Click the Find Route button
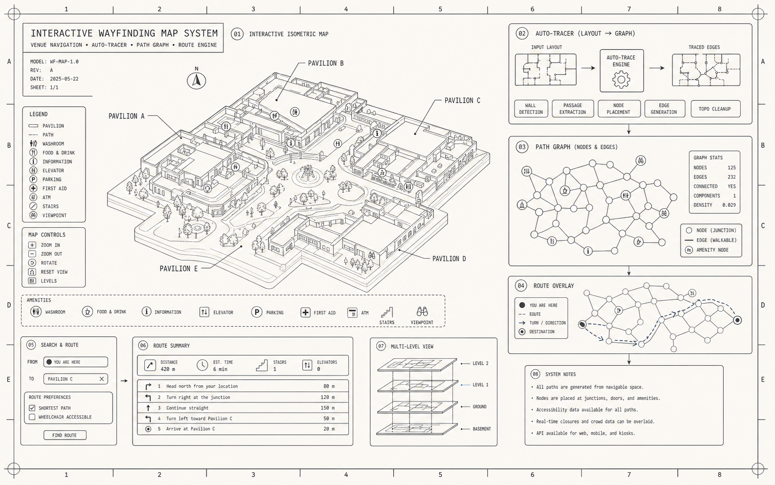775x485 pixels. pos(65,435)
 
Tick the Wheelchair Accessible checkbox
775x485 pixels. pos(32,417)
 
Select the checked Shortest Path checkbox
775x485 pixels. pos(32,408)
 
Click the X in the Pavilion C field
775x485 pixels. pos(102,379)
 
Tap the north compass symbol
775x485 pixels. pos(196,81)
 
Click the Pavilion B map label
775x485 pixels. pos(325,64)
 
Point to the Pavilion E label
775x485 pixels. pos(178,268)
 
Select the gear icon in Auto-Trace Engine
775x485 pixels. pos(621,80)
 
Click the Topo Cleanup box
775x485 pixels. pos(715,109)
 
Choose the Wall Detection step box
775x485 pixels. pos(531,109)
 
